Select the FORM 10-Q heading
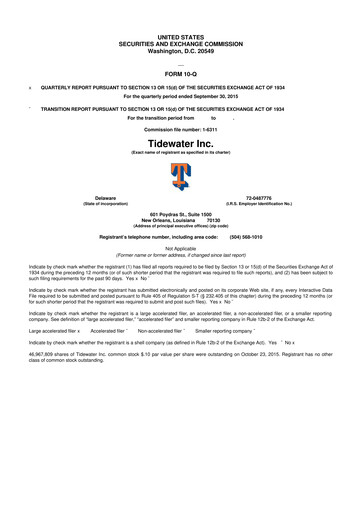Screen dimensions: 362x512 [180, 74]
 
